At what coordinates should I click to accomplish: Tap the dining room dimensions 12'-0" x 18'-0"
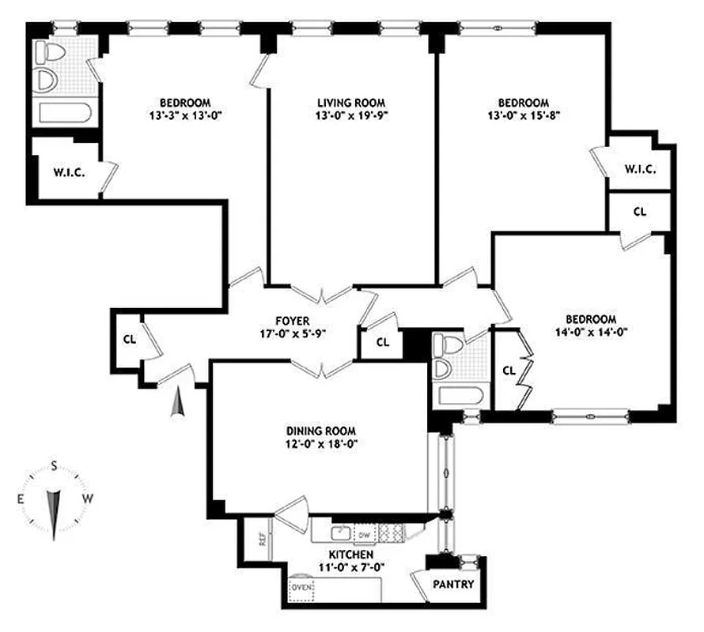[321, 444]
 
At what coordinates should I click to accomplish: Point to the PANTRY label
[453, 585]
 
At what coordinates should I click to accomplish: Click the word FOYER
[292, 320]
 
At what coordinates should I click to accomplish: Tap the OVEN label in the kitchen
[302, 588]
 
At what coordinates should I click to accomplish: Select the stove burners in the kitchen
[389, 533]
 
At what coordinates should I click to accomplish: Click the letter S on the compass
[54, 465]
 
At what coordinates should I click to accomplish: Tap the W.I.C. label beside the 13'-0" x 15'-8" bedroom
[639, 169]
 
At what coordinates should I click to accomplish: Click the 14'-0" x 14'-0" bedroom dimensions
[592, 332]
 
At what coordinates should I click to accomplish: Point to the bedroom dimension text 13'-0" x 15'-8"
[523, 116]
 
